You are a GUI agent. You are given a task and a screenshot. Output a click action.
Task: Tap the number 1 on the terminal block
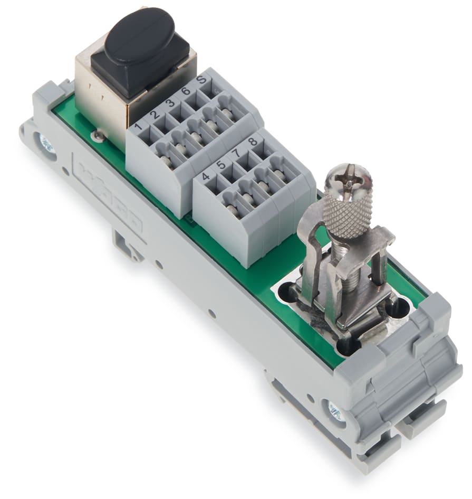tap(139, 127)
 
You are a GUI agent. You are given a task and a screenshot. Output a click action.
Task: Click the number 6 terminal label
tap(186, 91)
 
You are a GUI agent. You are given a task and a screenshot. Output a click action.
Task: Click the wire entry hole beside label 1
tap(149, 139)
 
